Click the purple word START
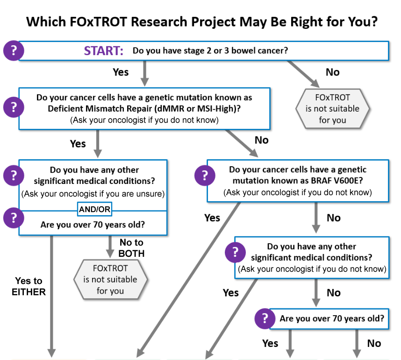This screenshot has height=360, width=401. (x=104, y=50)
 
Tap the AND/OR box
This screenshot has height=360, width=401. (x=94, y=209)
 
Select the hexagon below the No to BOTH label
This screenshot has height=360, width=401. (x=110, y=280)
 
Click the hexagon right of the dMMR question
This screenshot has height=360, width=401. (x=332, y=109)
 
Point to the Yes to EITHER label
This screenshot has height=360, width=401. (x=29, y=286)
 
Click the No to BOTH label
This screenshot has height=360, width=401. (x=131, y=248)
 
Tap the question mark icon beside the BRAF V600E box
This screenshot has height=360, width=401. (x=205, y=176)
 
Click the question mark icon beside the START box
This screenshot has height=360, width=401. (x=14, y=50)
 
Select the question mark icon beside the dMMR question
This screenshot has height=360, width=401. (x=14, y=107)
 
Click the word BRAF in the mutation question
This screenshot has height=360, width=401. (x=321, y=181)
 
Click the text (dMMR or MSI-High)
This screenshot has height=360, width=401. (x=197, y=109)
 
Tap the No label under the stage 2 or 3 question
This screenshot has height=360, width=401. (x=332, y=72)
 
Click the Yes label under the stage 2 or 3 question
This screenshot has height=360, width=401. (x=121, y=72)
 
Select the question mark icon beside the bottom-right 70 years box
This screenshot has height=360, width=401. (x=265, y=318)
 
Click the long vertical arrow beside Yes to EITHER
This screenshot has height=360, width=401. (x=52, y=296)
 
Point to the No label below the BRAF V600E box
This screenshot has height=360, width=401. (x=334, y=218)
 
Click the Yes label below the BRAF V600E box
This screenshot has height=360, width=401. (x=212, y=218)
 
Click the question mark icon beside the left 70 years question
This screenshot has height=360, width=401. (x=14, y=218)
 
